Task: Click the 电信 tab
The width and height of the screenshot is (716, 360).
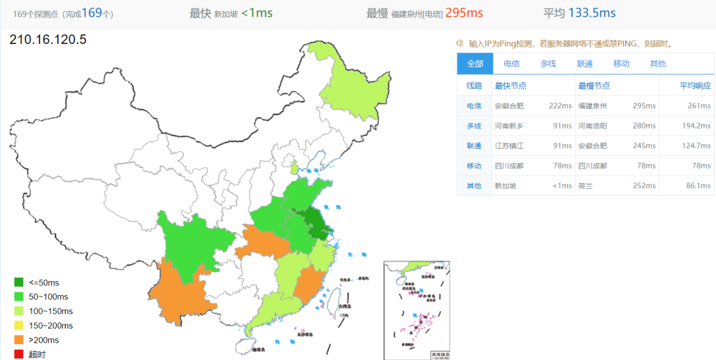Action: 511,64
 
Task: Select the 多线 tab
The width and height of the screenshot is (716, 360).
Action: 548,64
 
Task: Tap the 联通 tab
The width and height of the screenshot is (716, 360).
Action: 585,64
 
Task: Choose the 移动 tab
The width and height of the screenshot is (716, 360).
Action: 621,64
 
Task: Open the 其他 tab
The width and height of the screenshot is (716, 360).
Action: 658,64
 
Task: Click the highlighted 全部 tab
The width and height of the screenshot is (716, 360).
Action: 475,64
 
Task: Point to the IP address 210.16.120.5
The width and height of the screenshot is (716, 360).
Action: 48,40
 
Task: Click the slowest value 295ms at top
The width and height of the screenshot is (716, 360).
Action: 464,13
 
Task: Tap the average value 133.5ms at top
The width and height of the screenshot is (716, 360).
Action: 592,13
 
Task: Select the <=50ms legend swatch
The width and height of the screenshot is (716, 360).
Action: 19,282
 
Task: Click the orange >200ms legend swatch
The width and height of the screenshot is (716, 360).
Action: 19,340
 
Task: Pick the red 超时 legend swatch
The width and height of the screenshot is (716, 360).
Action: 19,354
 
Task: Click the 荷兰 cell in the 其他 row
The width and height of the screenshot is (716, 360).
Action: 585,186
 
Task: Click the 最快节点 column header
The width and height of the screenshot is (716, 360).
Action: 510,86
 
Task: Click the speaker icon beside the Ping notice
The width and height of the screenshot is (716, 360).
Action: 461,43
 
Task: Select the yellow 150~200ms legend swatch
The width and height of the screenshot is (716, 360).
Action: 19,326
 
